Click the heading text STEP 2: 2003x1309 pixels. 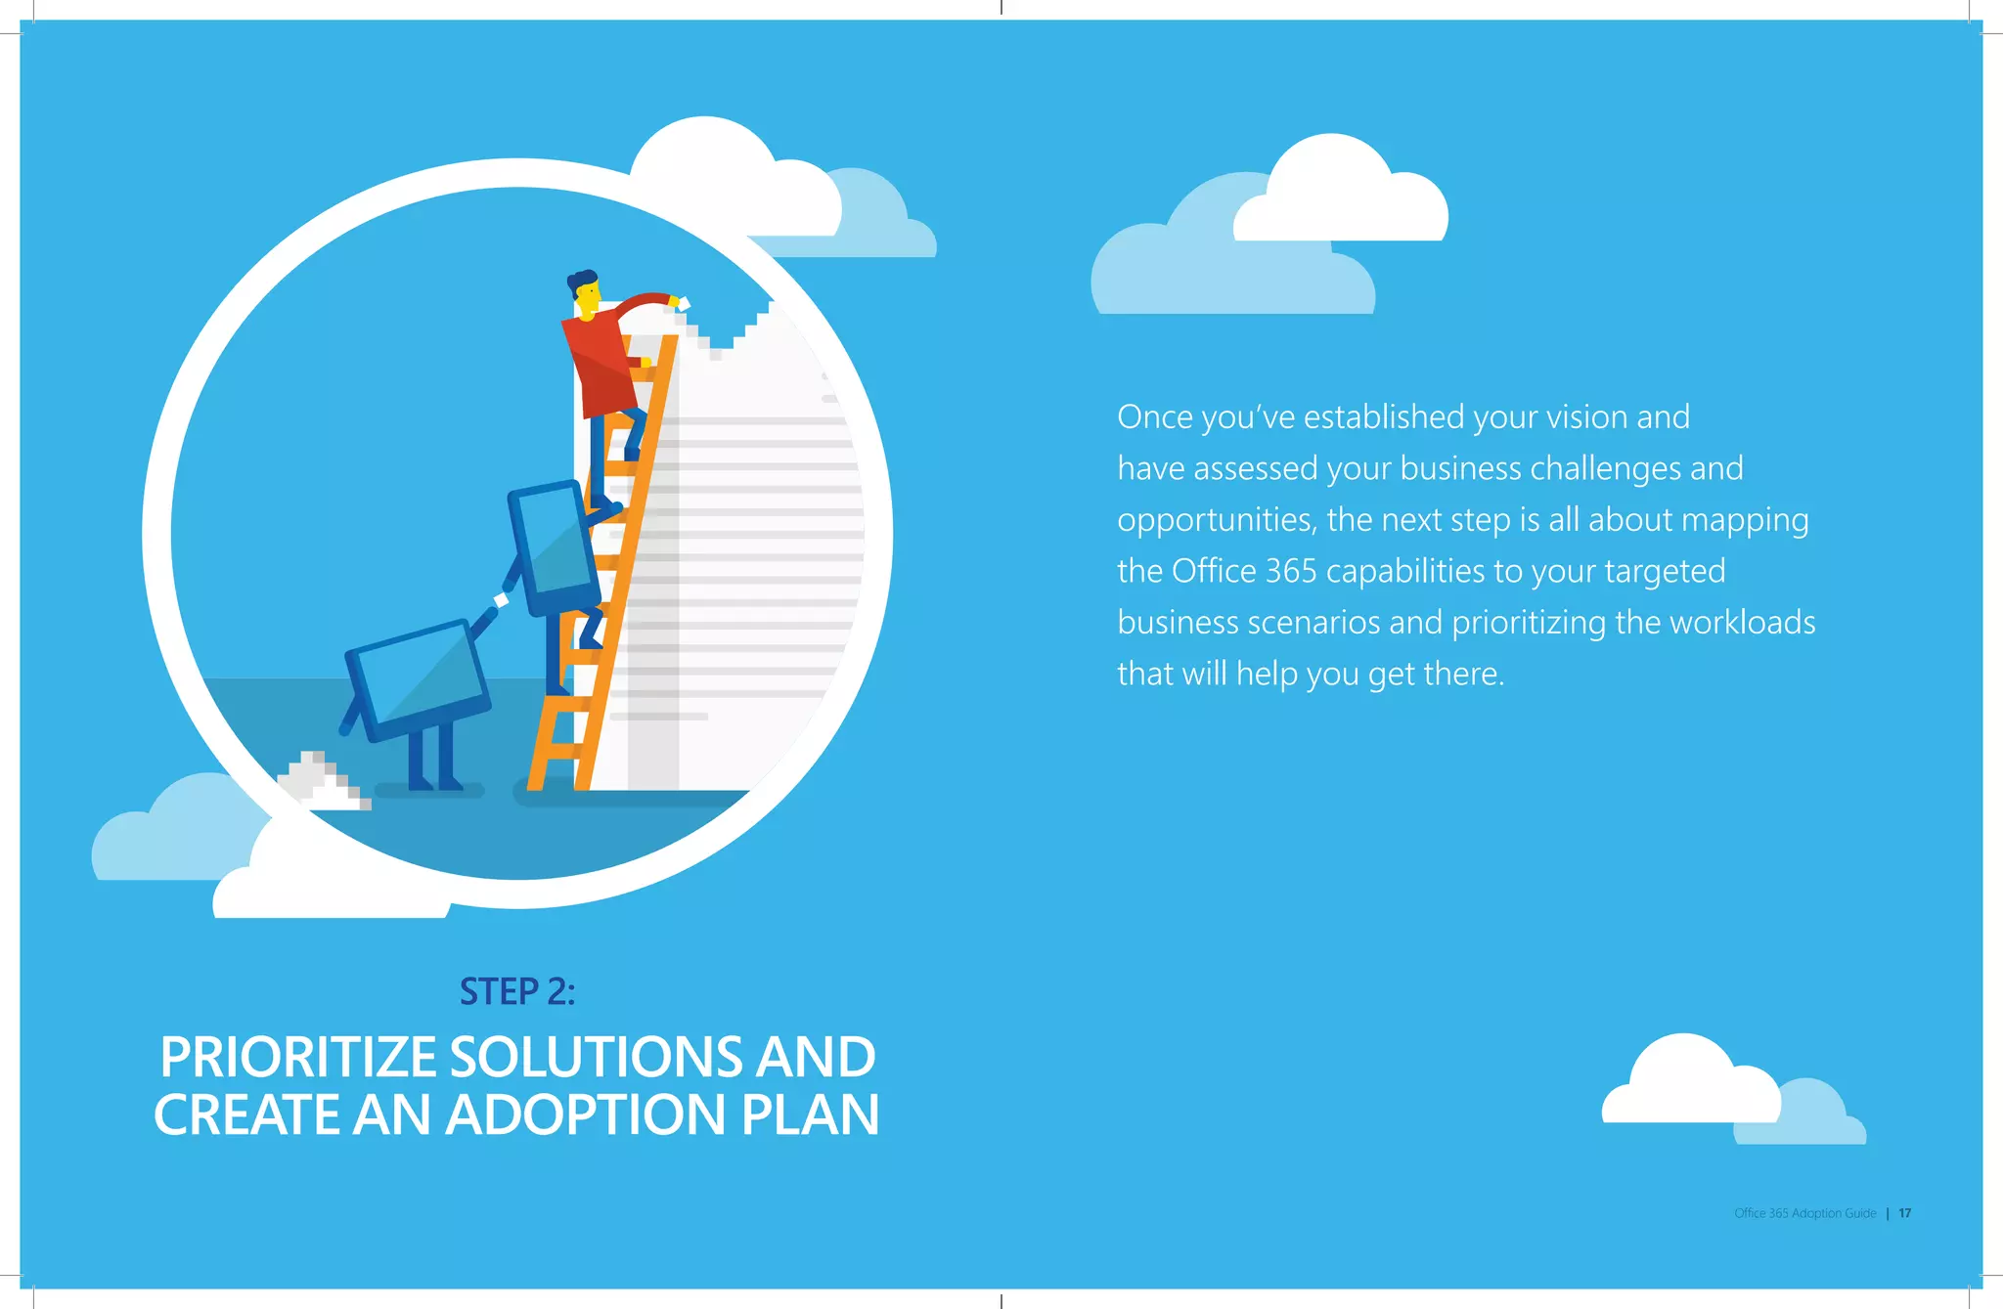click(517, 992)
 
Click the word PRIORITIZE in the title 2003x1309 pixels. click(298, 1057)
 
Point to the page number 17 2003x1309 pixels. click(1904, 1213)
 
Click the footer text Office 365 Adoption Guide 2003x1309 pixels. click(1804, 1213)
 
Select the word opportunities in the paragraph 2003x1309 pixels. click(1216, 520)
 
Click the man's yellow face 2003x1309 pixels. click(588, 298)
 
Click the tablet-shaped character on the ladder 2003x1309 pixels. click(554, 547)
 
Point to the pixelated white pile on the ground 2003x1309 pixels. click(321, 781)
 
